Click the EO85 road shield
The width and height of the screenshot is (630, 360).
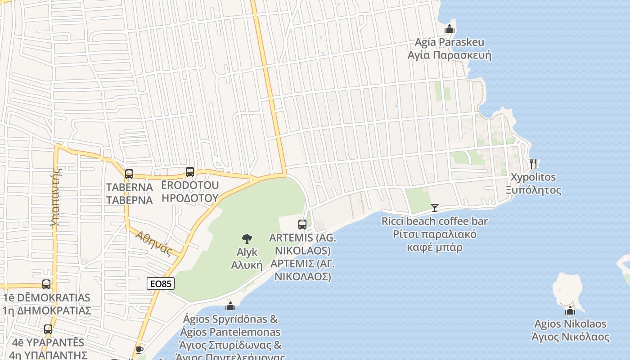(161, 283)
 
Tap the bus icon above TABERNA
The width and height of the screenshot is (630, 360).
(129, 174)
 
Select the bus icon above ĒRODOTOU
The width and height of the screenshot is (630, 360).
(190, 171)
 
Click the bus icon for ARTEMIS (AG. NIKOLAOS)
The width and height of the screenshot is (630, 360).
(302, 224)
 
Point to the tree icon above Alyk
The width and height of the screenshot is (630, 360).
(247, 239)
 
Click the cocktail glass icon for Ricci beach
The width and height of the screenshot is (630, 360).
(434, 207)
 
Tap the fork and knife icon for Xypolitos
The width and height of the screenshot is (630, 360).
(533, 163)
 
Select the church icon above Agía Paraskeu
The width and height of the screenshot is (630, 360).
(449, 29)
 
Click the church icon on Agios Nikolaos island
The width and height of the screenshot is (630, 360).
(570, 310)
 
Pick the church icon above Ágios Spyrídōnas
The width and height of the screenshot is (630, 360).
(230, 306)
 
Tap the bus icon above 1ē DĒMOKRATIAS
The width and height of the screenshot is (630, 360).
(46, 284)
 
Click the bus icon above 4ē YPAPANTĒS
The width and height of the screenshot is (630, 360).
(48, 329)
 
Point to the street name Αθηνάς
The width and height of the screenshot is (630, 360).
(153, 243)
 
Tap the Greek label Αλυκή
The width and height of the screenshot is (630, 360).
(247, 265)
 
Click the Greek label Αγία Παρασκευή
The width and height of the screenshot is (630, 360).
(449, 55)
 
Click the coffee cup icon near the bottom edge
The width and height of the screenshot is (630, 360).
(139, 350)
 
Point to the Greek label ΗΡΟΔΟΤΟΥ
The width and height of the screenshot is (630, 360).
(190, 198)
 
